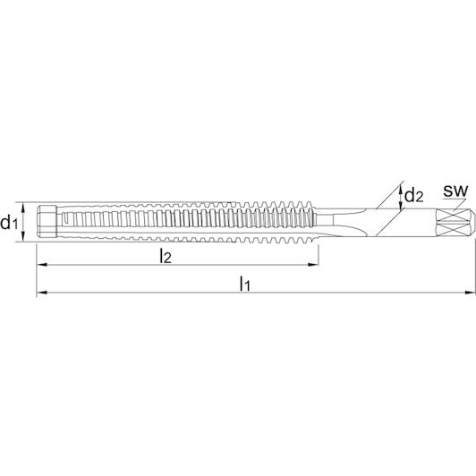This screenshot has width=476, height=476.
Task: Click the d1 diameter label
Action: pyautogui.click(x=8, y=223)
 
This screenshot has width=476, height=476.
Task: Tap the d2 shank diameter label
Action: pyautogui.click(x=414, y=195)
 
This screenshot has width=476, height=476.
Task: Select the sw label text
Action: pyautogui.click(x=455, y=191)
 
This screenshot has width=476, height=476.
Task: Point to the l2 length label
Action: pyautogui.click(x=166, y=256)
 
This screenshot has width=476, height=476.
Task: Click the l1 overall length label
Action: pyautogui.click(x=244, y=284)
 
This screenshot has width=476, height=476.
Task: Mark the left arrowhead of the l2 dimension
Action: pyautogui.click(x=41, y=265)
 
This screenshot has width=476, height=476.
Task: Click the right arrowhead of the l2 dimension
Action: pyautogui.click(x=313, y=265)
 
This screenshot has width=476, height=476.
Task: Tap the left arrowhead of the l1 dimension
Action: pyautogui.click(x=41, y=293)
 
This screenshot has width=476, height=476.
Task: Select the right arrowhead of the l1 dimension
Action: pyautogui.click(x=471, y=293)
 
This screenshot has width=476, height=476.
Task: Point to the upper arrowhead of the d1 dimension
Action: pyautogui.click(x=22, y=208)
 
